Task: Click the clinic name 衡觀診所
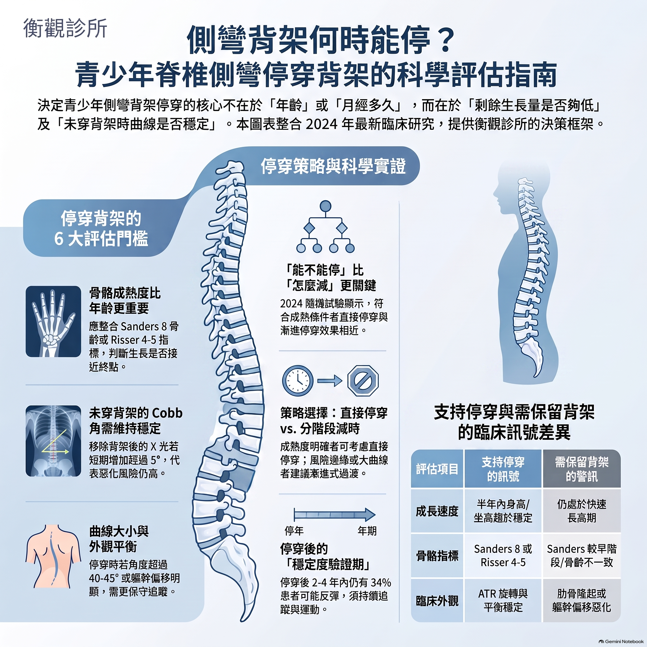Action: pos(65,28)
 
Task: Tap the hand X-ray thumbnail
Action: pos(53,321)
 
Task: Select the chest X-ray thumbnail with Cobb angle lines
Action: pos(53,441)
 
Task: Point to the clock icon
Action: pos(298,381)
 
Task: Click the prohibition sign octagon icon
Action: pos(363,381)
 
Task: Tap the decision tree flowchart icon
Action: pos(325,227)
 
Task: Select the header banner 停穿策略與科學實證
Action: pos(333,166)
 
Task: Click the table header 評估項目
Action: pos(437,469)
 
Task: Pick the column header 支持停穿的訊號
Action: pos(503,469)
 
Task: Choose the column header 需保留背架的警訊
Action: pos(582,469)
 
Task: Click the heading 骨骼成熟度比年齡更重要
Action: pos(125,301)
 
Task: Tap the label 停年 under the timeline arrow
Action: pos(294,531)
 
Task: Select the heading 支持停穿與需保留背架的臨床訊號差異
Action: pos(514,422)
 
